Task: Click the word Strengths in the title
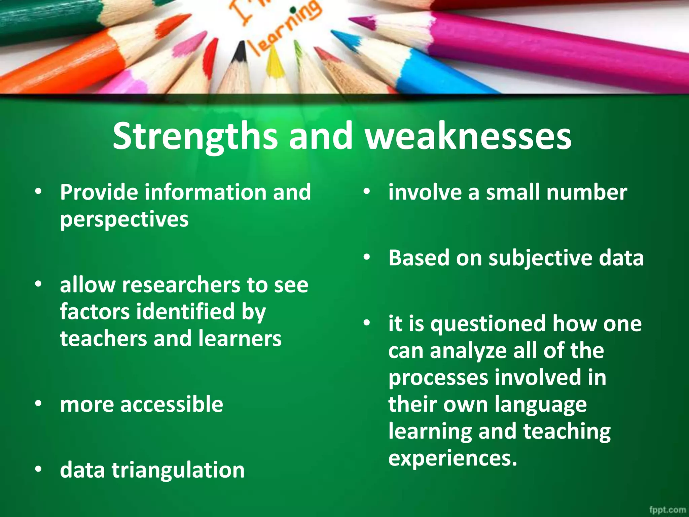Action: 195,136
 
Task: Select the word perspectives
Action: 124,219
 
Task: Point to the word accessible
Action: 172,404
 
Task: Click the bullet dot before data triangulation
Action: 38,469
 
